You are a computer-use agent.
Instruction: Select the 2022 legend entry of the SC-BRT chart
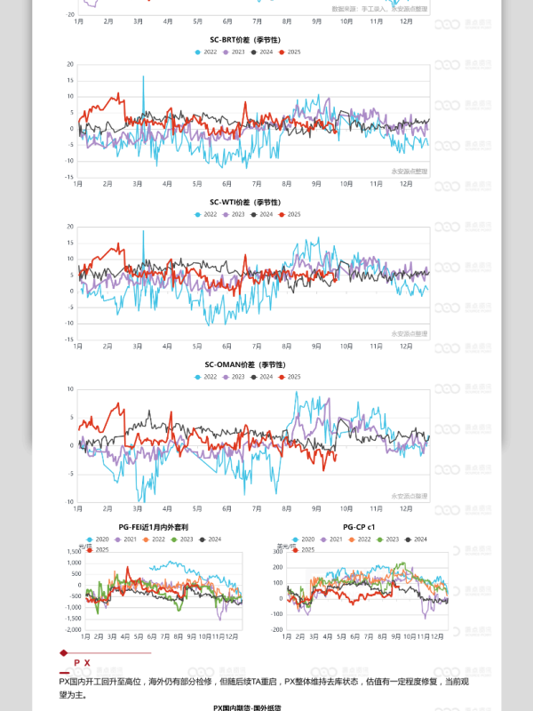tap(207, 52)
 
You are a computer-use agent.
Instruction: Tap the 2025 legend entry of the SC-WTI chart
tap(290, 214)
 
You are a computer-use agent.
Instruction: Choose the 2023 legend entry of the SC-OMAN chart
tap(234, 377)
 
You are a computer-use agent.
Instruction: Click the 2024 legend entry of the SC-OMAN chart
tap(262, 377)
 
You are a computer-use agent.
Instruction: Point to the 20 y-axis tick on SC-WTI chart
tap(70, 226)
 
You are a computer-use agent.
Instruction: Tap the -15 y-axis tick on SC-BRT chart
tap(69, 176)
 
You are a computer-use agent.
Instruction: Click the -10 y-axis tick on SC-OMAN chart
tap(69, 502)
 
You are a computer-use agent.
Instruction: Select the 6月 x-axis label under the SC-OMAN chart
tap(227, 508)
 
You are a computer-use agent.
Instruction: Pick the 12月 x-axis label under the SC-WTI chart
tap(405, 346)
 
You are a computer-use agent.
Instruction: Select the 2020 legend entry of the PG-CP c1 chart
tap(305, 539)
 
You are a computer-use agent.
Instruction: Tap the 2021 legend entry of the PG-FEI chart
tap(127, 539)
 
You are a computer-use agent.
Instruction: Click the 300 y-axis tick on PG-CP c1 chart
tap(277, 552)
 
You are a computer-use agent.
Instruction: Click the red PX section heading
tap(82, 663)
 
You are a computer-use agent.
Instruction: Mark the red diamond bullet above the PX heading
tap(61, 652)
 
